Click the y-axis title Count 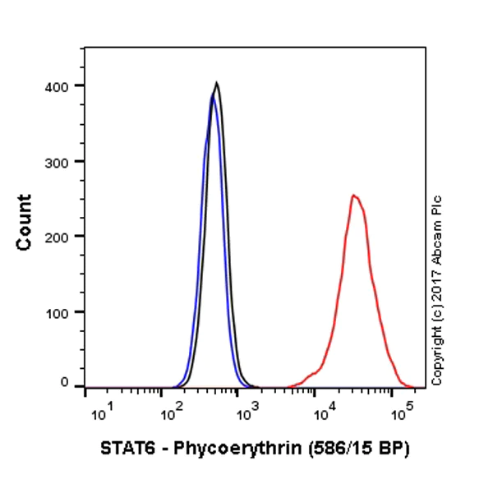click(x=24, y=222)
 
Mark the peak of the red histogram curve click(x=353, y=196)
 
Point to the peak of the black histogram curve click(x=216, y=83)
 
